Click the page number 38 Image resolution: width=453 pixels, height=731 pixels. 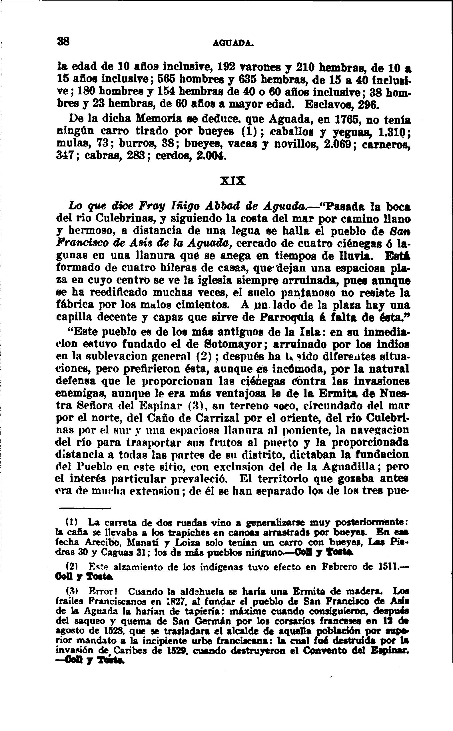click(x=63, y=41)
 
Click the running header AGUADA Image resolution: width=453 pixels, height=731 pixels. click(x=233, y=43)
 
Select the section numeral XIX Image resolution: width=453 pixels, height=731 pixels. click(x=233, y=181)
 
